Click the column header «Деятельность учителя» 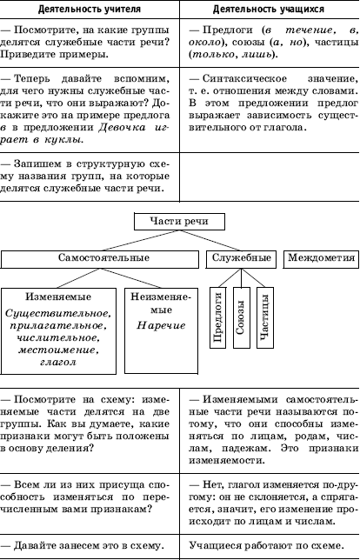coord(90,9)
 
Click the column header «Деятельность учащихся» coord(269,9)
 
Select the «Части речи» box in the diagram coord(179,222)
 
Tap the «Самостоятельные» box coord(100,259)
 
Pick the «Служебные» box coord(241,259)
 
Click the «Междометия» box coord(321,259)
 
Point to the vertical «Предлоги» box coord(218,317)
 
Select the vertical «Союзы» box coord(242,317)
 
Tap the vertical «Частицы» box coord(265,317)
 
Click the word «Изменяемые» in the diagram coord(58,297)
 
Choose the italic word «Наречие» coord(161,325)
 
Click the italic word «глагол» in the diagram coord(58,362)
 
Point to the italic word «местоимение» coord(58,350)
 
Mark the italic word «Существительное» coord(58,314)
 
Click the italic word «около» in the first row coord(204,42)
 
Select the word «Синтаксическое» coord(244,78)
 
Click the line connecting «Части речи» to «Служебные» coord(210,240)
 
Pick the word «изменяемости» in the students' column coord(227,460)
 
